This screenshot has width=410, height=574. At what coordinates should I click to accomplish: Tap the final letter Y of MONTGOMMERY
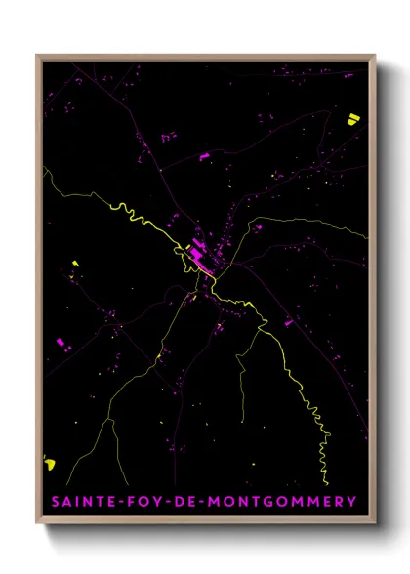351,502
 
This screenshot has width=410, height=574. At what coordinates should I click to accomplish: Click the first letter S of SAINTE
55,502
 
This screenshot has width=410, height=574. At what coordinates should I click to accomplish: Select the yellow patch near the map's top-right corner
352,119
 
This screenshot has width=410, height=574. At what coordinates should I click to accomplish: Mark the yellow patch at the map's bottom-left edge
50,464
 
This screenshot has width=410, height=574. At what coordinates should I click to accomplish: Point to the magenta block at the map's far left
62,342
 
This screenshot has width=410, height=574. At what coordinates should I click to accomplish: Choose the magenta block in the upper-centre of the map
204,156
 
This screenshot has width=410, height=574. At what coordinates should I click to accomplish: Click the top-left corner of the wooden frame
38,56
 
